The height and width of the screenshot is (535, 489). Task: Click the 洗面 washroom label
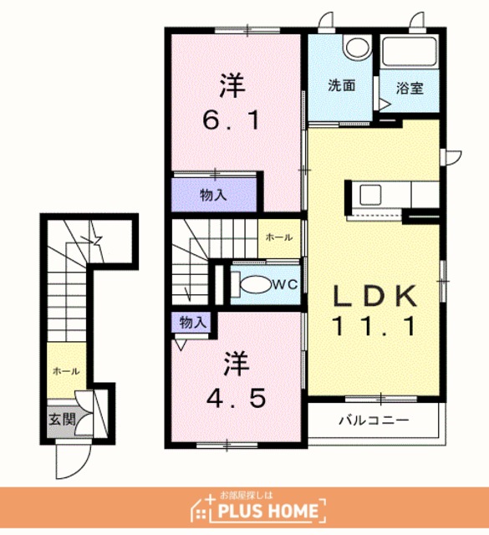tap(342, 85)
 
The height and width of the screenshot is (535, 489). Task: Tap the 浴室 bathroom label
tap(410, 89)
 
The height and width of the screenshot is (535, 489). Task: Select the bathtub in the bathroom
tap(409, 52)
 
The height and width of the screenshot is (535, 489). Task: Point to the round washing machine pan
tap(357, 48)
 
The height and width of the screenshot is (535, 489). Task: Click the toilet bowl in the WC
tap(256, 284)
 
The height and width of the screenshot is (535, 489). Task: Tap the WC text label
tap(286, 284)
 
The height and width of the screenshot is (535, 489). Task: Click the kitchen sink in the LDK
tap(370, 195)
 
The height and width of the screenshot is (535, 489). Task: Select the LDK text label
tap(374, 295)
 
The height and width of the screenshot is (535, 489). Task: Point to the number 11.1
tap(374, 326)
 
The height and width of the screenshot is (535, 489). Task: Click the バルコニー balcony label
tap(374, 420)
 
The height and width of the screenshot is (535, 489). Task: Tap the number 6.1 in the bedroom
tap(232, 120)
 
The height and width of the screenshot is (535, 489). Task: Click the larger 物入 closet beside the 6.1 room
tap(214, 195)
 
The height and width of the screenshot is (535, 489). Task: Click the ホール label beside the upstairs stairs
tap(279, 237)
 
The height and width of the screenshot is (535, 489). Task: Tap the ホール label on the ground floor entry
tap(67, 371)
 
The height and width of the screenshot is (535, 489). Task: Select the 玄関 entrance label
tap(62, 419)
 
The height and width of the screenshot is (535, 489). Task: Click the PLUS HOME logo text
tap(267, 511)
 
